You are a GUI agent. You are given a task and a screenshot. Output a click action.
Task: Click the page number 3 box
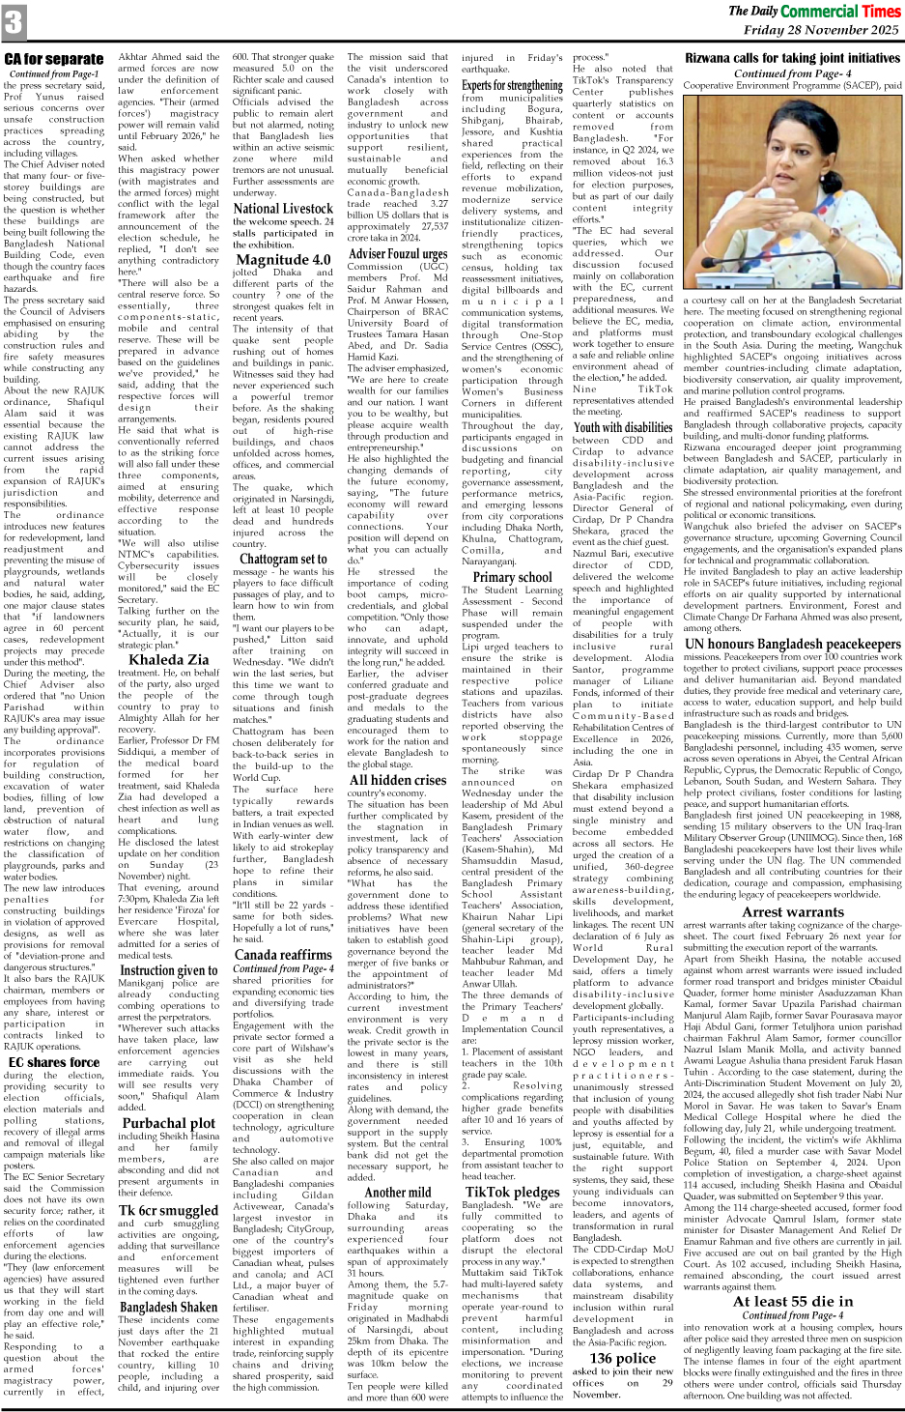click(14, 22)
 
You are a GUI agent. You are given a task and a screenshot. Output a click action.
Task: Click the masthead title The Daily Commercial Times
click(814, 12)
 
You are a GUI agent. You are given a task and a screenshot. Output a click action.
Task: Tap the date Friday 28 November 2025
click(820, 30)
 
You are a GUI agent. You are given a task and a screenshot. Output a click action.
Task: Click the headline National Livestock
click(283, 208)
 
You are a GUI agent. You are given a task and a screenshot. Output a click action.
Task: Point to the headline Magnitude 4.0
click(283, 259)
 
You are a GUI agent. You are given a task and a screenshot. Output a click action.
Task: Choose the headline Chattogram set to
click(283, 559)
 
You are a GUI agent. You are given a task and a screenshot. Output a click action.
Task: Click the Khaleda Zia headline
click(169, 660)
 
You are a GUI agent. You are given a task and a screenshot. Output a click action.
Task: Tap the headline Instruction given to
click(169, 970)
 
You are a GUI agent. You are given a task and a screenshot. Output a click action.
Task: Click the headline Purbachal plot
click(169, 1123)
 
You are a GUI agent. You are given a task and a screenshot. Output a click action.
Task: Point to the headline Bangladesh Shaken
click(169, 1307)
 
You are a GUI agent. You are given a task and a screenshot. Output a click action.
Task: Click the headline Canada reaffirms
click(283, 954)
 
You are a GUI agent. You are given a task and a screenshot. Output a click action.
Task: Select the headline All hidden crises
click(398, 779)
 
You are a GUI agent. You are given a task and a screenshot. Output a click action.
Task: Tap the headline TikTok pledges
click(511, 1192)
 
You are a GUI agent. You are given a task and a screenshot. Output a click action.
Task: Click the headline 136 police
click(614, 1358)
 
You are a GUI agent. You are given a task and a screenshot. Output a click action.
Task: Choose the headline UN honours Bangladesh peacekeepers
click(792, 644)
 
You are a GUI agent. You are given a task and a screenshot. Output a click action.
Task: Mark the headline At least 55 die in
click(792, 1301)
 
